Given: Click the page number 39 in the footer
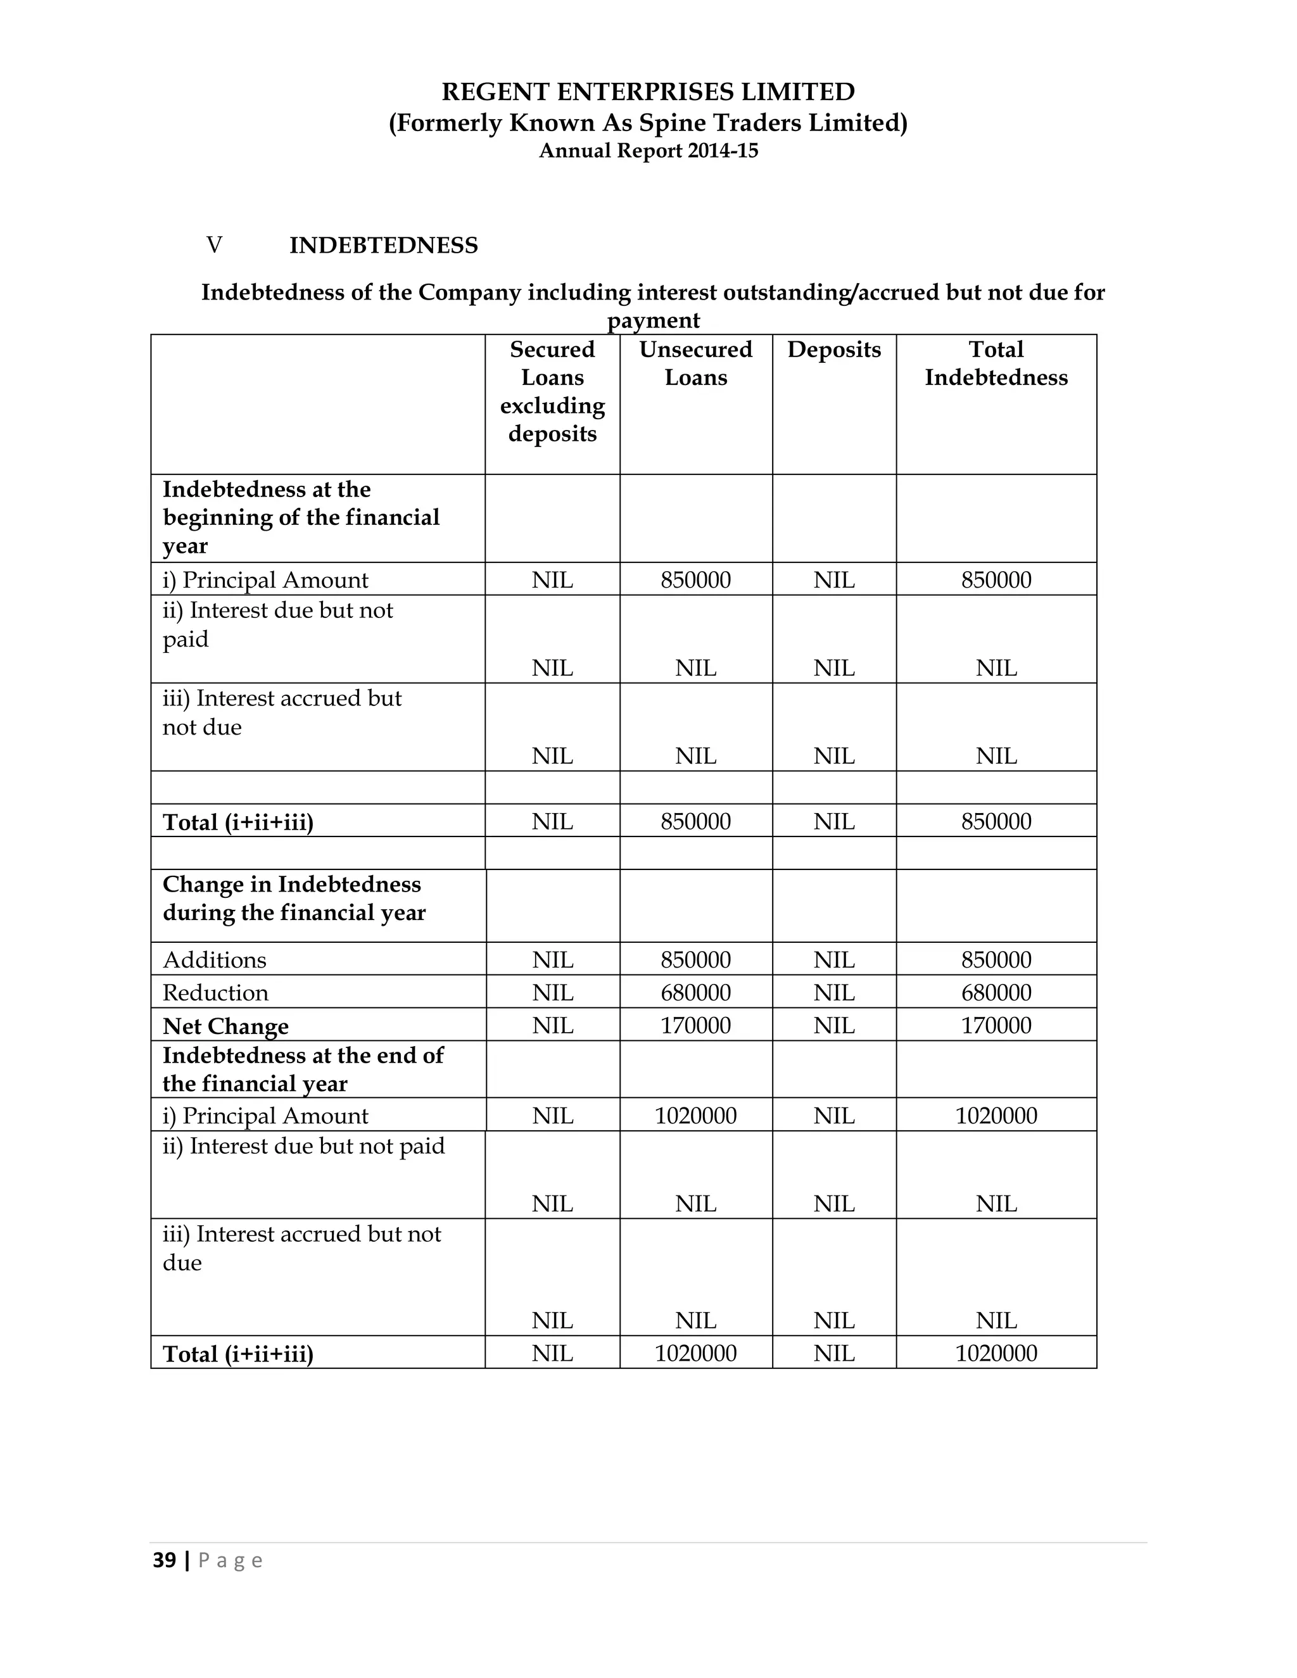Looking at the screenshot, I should tap(165, 1560).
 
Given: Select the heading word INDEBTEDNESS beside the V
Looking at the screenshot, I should tap(383, 246).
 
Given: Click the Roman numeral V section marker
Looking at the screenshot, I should tap(215, 245).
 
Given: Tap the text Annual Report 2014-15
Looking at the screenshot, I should tap(648, 151).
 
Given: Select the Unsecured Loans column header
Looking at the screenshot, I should tap(695, 363).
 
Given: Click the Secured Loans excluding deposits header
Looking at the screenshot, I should tap(552, 391).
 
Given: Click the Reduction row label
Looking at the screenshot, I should tap(215, 993).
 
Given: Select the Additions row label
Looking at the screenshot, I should tap(215, 959).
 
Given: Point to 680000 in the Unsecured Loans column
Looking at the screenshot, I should tap(695, 993).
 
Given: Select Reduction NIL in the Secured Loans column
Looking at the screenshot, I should tap(552, 993).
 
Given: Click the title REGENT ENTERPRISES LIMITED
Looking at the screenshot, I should tap(648, 92).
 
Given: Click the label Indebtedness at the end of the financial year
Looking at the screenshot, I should tap(303, 1069).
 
